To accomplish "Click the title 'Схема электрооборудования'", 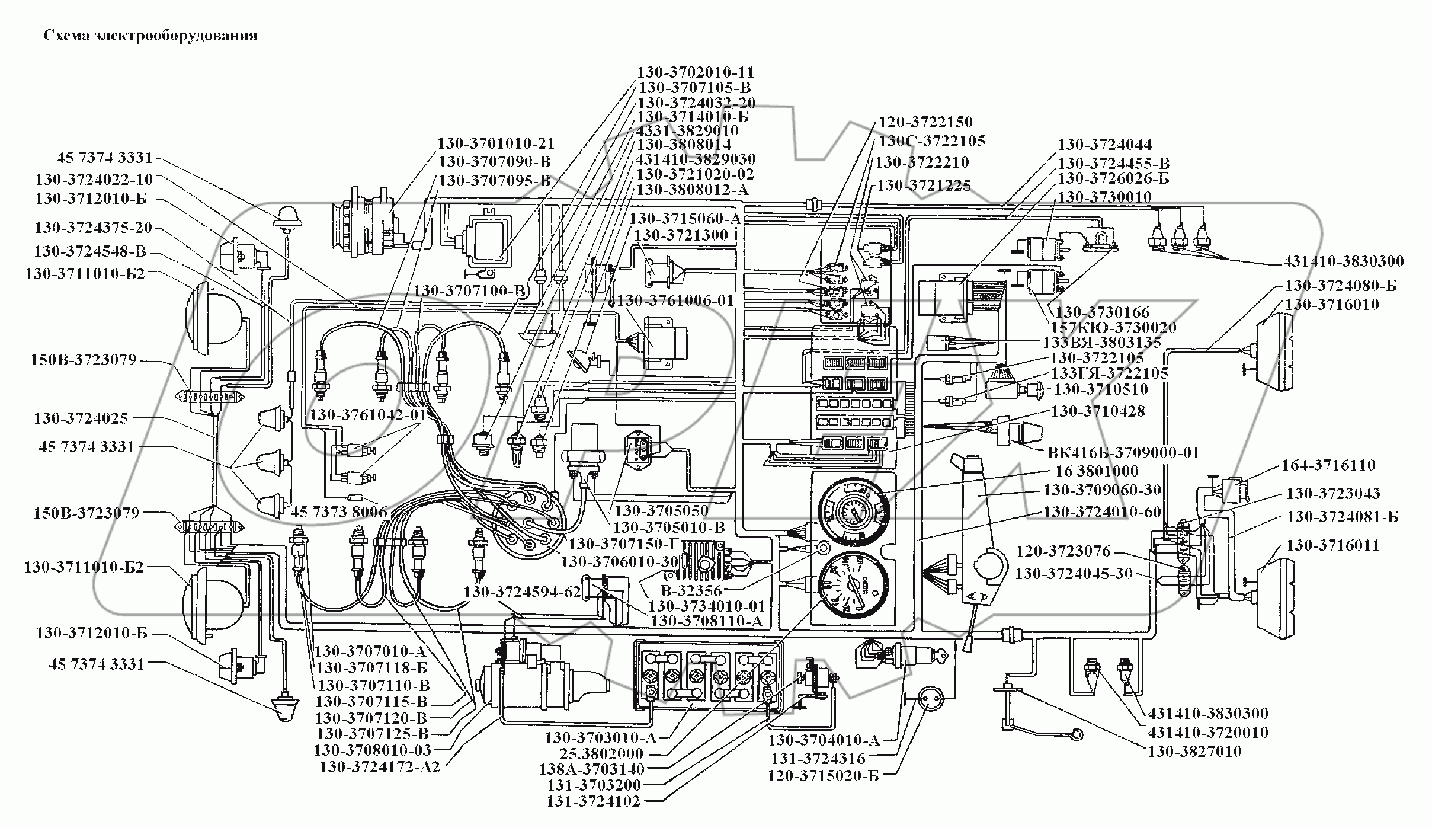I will coord(150,36).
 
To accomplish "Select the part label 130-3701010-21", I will coord(495,144).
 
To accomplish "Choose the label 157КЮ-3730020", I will coord(1113,327).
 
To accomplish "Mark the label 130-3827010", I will coord(1194,752).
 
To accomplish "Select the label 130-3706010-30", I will coord(619,561).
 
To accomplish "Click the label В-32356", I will coord(692,591).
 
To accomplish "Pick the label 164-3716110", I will coord(1328,465).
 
